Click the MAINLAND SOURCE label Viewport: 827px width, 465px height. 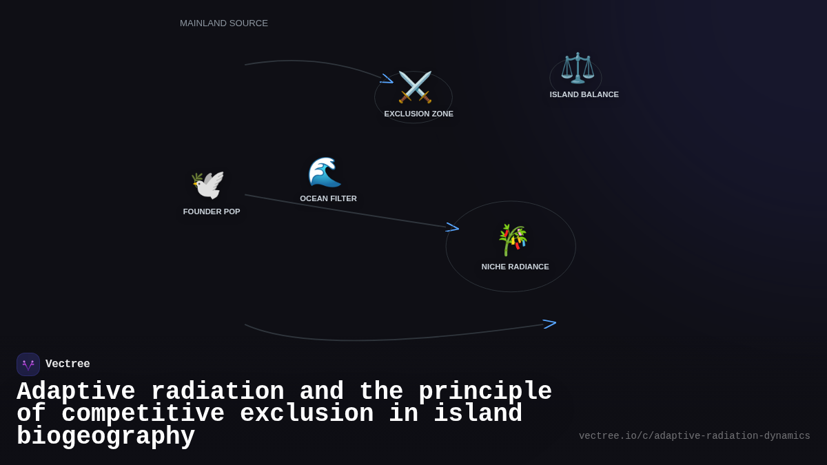pos(224,23)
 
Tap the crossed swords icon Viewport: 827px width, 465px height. pos(415,87)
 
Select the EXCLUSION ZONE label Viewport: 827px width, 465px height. pos(418,114)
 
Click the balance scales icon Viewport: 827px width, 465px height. pos(578,68)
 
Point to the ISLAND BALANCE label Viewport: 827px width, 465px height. pos(584,94)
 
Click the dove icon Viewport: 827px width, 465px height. pos(208,185)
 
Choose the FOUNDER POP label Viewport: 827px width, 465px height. pos(212,211)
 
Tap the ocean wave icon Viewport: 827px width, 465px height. pos(325,172)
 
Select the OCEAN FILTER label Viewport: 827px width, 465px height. pos(328,198)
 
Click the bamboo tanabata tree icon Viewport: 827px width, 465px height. pos(513,240)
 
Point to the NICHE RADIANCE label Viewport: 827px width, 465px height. pos(515,267)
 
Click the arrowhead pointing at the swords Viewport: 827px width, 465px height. pos(387,79)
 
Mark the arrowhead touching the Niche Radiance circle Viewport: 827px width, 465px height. pos(453,227)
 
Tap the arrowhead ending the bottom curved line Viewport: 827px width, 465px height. pos(550,323)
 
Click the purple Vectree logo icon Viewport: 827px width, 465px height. pos(28,364)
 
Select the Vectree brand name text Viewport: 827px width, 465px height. pos(68,364)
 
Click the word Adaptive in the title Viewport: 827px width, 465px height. pos(76,392)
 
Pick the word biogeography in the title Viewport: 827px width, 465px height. pos(105,437)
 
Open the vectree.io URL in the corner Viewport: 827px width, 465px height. pos(694,436)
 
